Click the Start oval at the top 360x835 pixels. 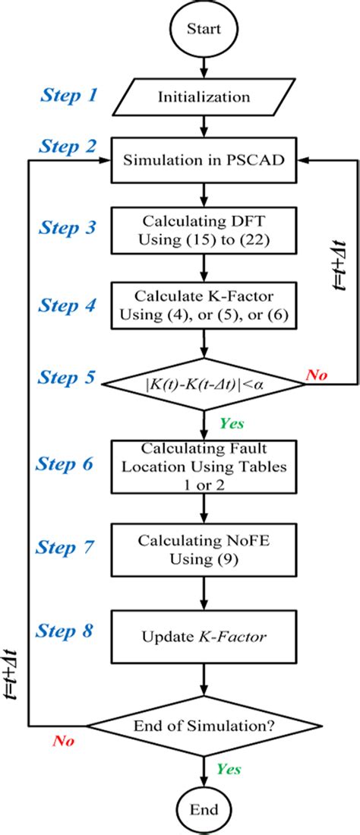[203, 30]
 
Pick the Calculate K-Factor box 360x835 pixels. [203, 304]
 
